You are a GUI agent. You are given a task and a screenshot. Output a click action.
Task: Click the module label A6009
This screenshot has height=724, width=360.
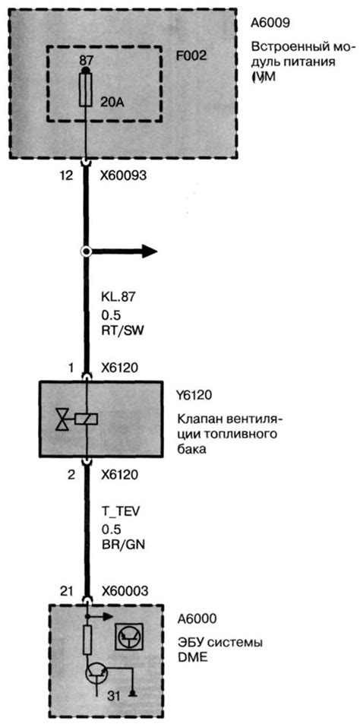click(x=270, y=23)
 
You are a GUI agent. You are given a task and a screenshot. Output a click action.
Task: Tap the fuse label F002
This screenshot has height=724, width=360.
click(x=191, y=56)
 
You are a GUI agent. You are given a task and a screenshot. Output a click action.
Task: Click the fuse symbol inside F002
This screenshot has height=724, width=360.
click(x=85, y=90)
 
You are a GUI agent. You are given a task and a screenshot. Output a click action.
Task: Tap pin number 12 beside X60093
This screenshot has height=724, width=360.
click(x=67, y=176)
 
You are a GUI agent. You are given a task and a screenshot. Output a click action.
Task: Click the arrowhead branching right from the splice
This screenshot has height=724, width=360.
click(x=149, y=251)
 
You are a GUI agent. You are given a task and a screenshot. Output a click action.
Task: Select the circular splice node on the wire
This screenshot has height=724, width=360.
click(x=85, y=251)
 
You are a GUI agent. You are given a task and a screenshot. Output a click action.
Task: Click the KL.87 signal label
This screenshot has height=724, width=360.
click(x=118, y=298)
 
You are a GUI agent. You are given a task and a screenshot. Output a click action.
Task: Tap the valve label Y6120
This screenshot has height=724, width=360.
click(x=191, y=396)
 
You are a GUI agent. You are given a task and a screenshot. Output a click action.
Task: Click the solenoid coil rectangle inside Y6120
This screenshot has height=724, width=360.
click(x=86, y=419)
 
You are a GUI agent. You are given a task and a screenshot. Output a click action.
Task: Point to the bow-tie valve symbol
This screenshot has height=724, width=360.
click(x=62, y=419)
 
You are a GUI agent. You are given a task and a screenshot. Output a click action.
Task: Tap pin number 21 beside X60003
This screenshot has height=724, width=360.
click(x=67, y=590)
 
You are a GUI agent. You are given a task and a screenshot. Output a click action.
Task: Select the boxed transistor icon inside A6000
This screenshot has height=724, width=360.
click(x=127, y=637)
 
